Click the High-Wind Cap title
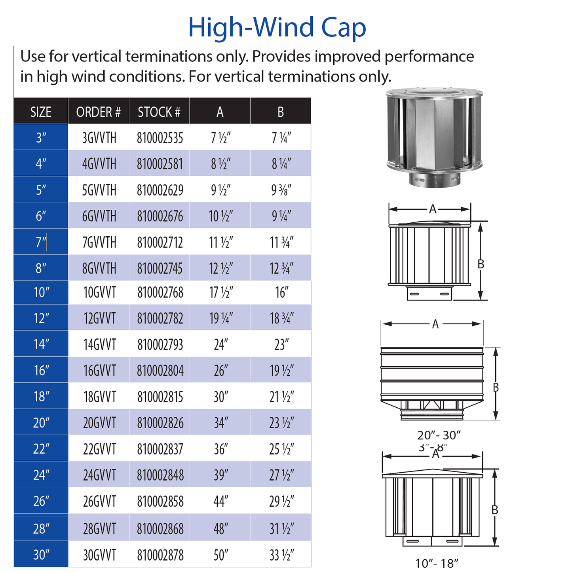point(277,28)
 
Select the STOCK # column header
point(159,112)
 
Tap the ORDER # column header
point(98,112)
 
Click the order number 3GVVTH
point(99,138)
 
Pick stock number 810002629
point(160,190)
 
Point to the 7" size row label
point(41,242)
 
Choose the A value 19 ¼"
point(220,318)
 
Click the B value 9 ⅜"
point(281,190)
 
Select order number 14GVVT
point(99,344)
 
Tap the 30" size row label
point(41,555)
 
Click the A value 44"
point(220,502)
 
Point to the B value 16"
point(281,293)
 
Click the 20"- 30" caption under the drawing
point(439,435)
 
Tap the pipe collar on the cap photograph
point(434,181)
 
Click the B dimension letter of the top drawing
point(481,264)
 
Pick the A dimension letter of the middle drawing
point(435,324)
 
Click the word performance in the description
point(429,57)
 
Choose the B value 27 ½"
point(281,475)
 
